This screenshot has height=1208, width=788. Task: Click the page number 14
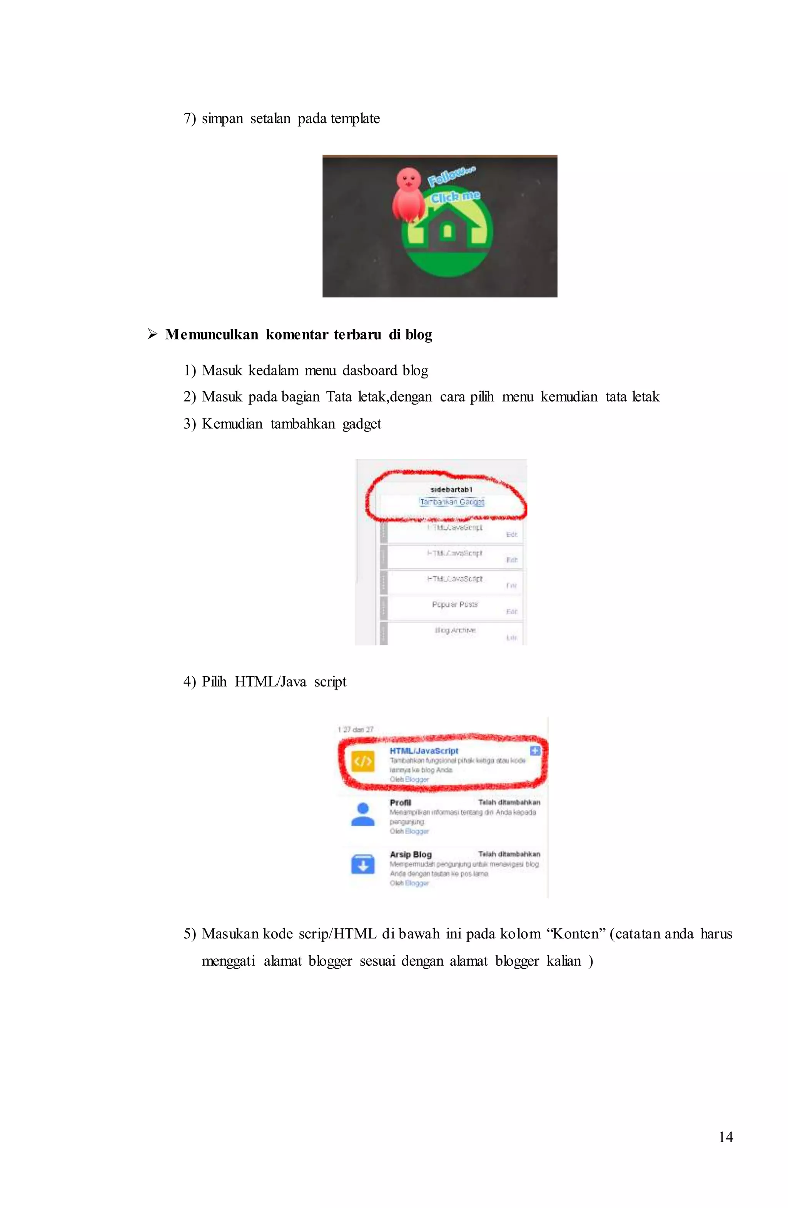726,1137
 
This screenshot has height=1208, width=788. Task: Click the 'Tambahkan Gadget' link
451,502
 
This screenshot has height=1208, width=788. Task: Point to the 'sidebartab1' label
451,489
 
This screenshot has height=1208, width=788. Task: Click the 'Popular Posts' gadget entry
454,605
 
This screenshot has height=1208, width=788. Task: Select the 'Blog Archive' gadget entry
455,630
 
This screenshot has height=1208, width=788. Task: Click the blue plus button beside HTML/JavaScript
535,751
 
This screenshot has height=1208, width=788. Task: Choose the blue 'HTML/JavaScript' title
424,751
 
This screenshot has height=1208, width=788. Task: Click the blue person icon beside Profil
362,814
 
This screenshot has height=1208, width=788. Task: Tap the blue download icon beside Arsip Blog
362,865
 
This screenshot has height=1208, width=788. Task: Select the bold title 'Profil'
400,803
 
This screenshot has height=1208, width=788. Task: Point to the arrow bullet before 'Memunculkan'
152,335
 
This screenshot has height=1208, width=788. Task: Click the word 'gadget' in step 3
362,424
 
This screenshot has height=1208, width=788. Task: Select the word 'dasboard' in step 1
370,370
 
